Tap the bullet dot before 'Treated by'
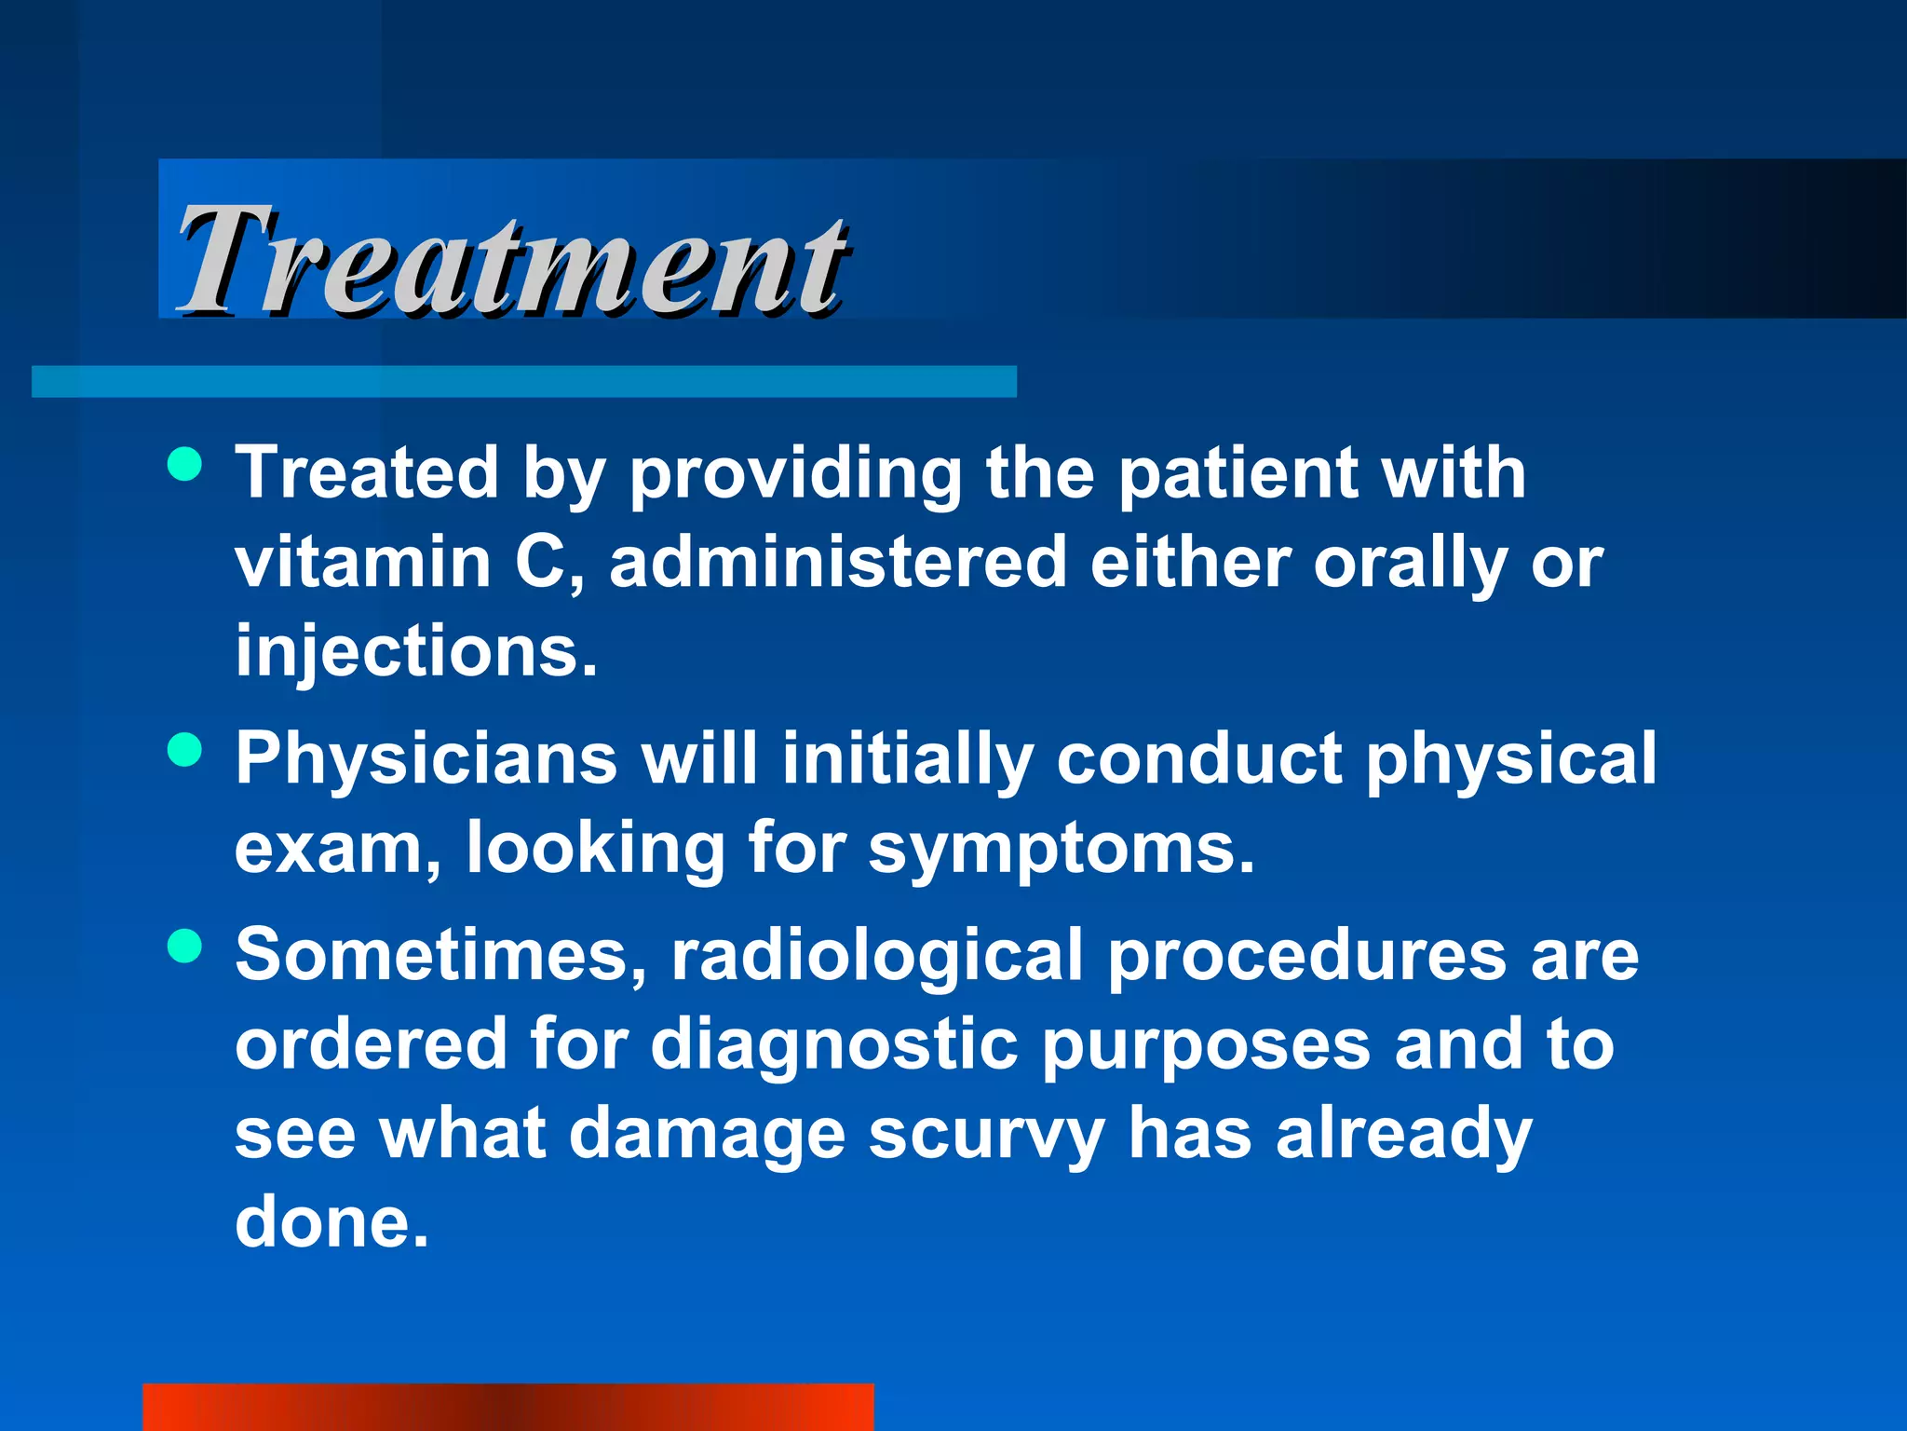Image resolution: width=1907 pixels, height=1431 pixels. (185, 463)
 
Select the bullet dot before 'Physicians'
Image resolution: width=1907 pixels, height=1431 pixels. (185, 749)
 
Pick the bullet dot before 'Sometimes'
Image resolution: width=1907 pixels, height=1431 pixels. (185, 947)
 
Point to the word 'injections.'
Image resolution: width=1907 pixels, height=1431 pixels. (415, 652)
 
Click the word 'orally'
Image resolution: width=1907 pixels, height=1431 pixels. (1410, 565)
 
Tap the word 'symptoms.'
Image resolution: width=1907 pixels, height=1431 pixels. (1062, 850)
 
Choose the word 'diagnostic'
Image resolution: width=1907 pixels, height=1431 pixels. (833, 1045)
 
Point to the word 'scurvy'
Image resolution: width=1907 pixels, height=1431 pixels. (986, 1136)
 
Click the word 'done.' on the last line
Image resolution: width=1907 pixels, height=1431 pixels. (331, 1221)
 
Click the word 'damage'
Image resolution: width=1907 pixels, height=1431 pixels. (707, 1136)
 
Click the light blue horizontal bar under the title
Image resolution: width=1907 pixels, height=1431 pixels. (523, 381)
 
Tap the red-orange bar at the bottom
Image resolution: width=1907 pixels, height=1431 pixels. (507, 1407)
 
